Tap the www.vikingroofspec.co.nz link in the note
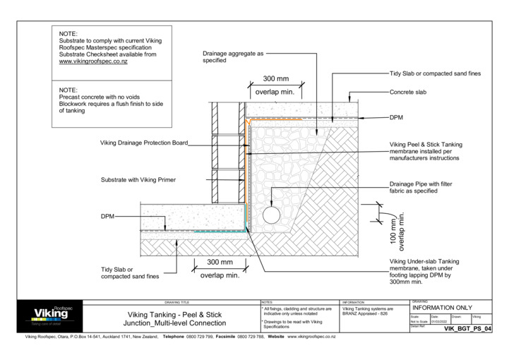[93, 62]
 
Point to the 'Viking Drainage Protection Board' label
[144, 143]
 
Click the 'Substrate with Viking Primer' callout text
[138, 180]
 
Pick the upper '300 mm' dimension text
[275, 78]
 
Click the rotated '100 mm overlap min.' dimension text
[398, 232]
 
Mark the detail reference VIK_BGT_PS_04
[467, 329]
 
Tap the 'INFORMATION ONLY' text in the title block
[442, 308]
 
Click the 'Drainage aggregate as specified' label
[232, 56]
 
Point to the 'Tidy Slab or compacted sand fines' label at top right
[435, 73]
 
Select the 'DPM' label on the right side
[396, 117]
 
